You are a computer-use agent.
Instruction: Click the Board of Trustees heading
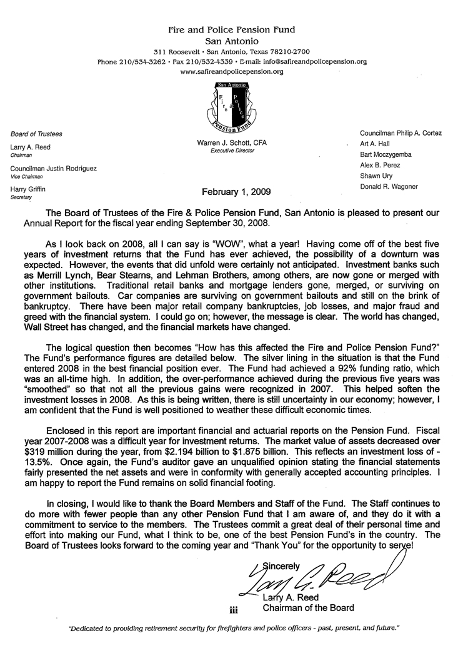tap(36, 134)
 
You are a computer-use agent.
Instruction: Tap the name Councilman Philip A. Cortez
tap(401, 132)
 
